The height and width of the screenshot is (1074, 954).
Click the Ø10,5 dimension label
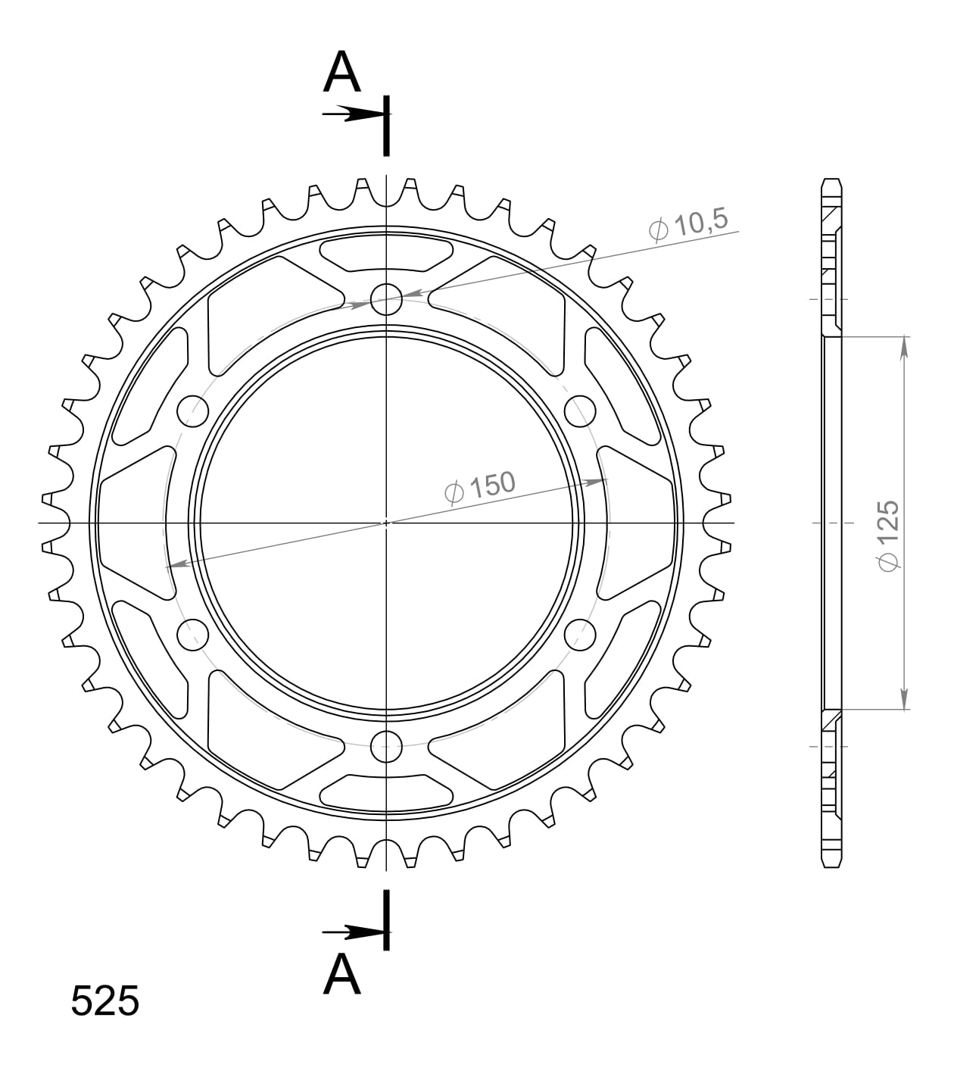tap(688, 224)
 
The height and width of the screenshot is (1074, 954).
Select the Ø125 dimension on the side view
tap(887, 535)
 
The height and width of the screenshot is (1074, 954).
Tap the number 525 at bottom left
tap(105, 1001)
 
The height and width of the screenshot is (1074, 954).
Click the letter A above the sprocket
tap(342, 73)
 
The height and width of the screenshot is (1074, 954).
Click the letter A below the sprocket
tap(342, 974)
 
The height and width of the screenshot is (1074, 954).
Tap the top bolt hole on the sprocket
tap(386, 298)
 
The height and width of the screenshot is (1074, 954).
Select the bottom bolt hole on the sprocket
tap(386, 747)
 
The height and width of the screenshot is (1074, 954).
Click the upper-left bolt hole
tap(192, 411)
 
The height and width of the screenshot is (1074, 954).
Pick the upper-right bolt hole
tap(581, 411)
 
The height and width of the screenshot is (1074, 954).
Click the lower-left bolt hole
tap(192, 634)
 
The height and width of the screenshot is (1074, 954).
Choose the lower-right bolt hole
tap(581, 634)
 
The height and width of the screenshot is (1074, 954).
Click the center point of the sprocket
tap(386, 523)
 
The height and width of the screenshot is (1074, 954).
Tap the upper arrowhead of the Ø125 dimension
tap(904, 345)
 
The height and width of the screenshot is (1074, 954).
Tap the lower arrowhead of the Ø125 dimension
tap(904, 700)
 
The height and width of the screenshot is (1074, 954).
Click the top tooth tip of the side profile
tap(831, 182)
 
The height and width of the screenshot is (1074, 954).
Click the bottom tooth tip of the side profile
tap(831, 864)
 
